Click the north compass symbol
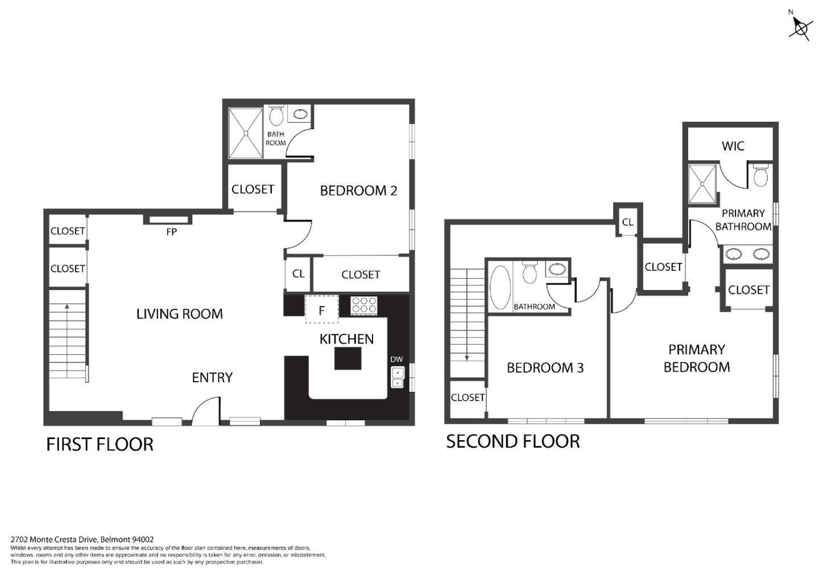[x=800, y=27]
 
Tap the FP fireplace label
[x=171, y=232]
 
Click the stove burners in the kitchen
[x=363, y=305]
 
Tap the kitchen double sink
[x=398, y=378]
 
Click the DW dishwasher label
[x=396, y=359]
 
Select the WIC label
[x=733, y=146]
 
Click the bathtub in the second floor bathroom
[x=500, y=288]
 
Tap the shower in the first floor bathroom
[x=246, y=133]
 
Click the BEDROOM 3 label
[x=545, y=368]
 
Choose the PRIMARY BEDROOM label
[x=696, y=358]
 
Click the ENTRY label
[x=212, y=378]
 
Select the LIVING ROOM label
[x=179, y=314]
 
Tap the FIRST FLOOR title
[x=100, y=444]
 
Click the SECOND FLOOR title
[x=512, y=441]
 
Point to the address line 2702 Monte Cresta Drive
[x=82, y=539]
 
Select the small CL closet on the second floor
[x=627, y=222]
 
